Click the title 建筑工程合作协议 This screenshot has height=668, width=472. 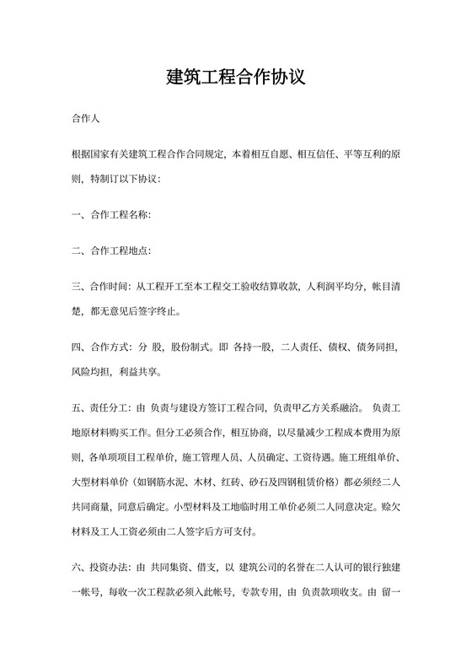[x=235, y=78]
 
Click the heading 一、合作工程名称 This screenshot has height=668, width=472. [x=111, y=215]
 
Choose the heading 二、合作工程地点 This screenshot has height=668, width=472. [x=111, y=250]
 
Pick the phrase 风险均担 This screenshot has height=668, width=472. [x=92, y=371]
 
